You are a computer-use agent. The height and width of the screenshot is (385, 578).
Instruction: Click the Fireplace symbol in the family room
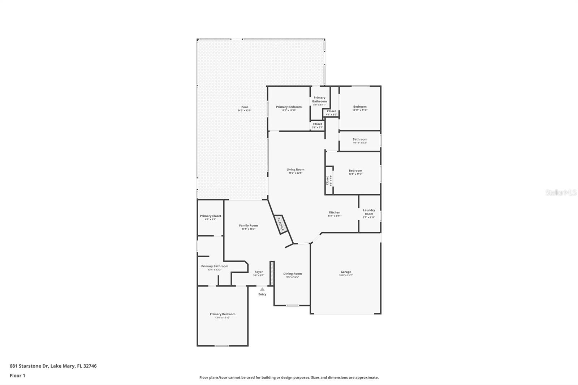[x=281, y=225]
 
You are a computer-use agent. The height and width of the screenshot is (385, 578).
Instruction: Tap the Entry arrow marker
[x=262, y=289]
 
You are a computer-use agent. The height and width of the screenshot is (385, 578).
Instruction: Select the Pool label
[x=245, y=107]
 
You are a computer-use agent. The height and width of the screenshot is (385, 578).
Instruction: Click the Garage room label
[x=346, y=272]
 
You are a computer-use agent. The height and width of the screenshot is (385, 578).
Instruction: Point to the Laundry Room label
[x=369, y=212]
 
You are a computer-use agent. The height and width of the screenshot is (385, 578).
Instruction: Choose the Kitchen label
[x=335, y=212]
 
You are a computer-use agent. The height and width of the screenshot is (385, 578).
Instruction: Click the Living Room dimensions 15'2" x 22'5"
[x=295, y=173]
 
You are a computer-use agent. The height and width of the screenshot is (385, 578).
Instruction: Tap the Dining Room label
[x=292, y=274]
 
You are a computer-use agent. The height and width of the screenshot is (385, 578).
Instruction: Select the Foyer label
[x=259, y=272]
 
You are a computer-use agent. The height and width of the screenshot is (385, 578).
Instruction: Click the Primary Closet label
[x=211, y=216]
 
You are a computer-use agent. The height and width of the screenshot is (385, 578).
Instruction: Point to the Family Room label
[x=249, y=225]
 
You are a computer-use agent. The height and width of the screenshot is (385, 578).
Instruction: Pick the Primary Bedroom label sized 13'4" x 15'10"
[x=223, y=314]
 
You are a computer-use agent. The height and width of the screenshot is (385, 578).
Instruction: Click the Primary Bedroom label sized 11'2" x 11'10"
[x=289, y=107]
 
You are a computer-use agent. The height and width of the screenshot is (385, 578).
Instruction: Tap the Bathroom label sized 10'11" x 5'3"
[x=360, y=139]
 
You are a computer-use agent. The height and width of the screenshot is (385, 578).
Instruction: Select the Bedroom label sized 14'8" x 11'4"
[x=355, y=170]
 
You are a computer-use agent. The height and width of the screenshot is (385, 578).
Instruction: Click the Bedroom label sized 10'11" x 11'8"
[x=360, y=107]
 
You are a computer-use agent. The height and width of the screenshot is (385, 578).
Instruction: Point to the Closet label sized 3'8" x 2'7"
[x=318, y=124]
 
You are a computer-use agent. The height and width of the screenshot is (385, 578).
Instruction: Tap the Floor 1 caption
[x=17, y=376]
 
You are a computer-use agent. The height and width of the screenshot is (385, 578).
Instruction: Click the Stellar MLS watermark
[x=561, y=192]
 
